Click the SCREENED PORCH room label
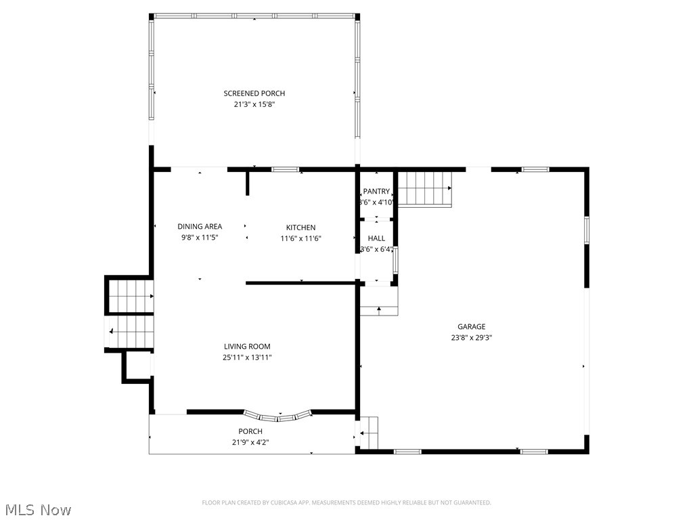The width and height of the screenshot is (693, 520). [x=254, y=93]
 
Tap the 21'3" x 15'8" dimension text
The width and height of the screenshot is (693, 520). [x=254, y=104]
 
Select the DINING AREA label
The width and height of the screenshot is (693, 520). [x=200, y=227]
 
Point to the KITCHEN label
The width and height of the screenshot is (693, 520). [x=300, y=227]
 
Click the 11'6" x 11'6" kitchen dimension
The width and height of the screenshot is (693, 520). [x=300, y=238]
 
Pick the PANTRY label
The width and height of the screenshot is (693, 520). [x=376, y=192]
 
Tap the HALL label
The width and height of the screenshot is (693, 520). [x=376, y=238]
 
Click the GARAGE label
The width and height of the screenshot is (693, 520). [x=471, y=327]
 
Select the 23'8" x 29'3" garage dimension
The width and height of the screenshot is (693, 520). [x=471, y=338]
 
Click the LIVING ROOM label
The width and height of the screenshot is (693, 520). [x=247, y=347]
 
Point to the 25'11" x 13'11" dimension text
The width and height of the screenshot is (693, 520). [x=247, y=357]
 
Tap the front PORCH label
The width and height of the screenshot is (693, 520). [x=250, y=431]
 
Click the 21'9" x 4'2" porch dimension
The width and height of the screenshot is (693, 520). [x=250, y=442]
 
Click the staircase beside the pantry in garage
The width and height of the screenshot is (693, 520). [x=424, y=188]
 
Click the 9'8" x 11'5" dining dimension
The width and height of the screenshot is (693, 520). [x=200, y=238]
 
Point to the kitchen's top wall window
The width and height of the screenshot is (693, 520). [x=286, y=169]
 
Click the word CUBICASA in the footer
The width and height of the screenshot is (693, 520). [x=278, y=502]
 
